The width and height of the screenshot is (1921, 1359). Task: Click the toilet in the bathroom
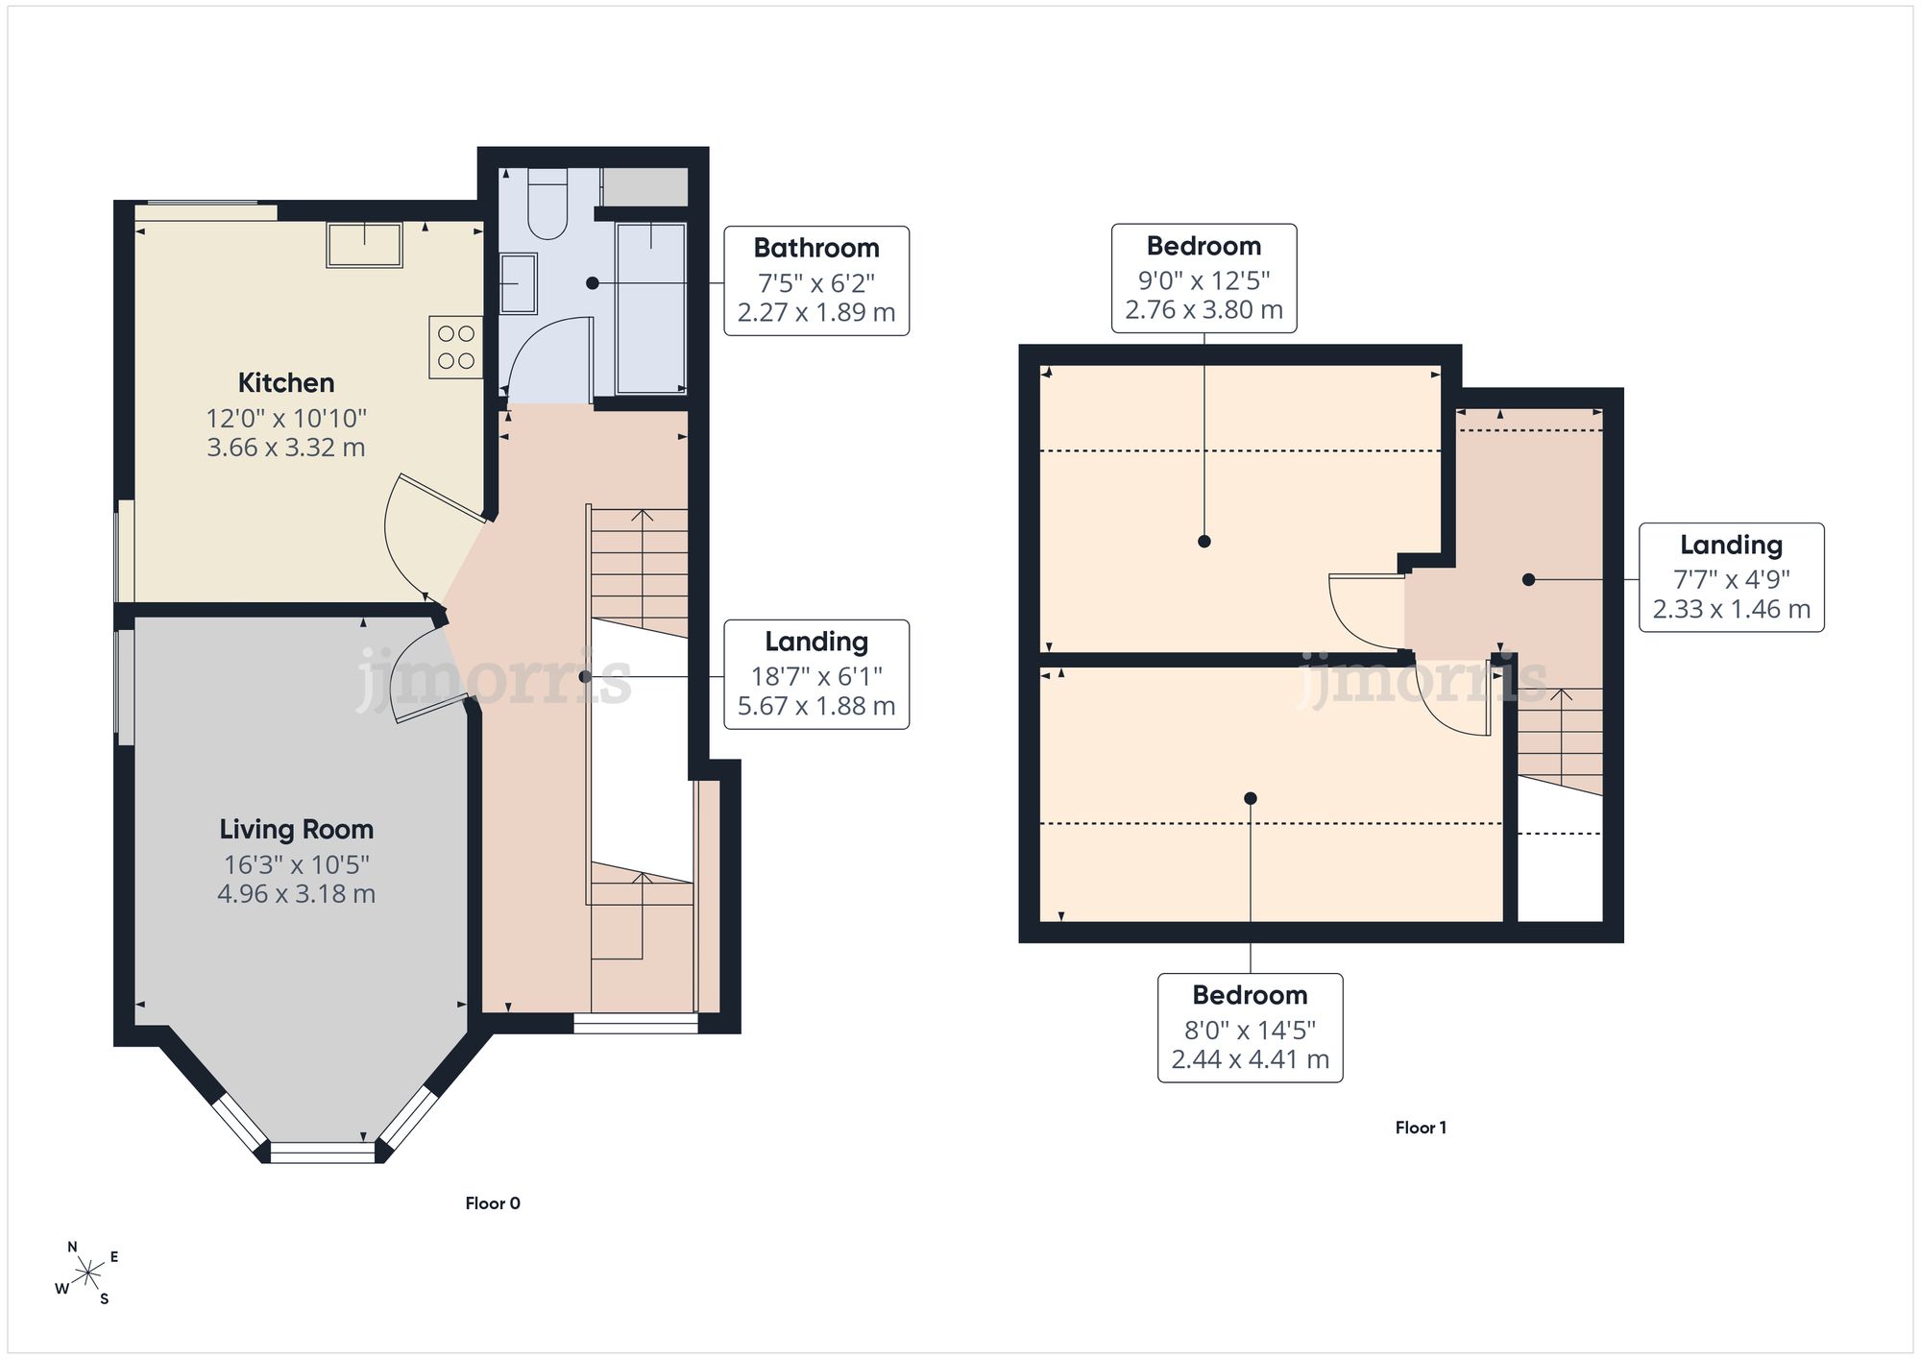(x=548, y=204)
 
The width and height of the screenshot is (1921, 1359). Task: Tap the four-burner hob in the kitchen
(x=456, y=347)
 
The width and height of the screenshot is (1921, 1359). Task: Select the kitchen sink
(x=364, y=245)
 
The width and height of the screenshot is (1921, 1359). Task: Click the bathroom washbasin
(x=519, y=283)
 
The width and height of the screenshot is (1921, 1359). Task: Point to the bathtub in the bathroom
(x=651, y=308)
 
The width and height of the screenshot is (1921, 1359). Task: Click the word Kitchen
(x=286, y=382)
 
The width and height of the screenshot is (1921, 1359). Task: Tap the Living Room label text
(x=296, y=829)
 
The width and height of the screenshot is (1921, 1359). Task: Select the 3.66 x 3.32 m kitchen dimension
(x=286, y=448)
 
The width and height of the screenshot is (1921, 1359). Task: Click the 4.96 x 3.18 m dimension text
(x=296, y=894)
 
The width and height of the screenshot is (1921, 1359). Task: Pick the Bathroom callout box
(x=816, y=280)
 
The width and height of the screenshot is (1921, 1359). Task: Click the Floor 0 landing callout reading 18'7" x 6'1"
(x=816, y=674)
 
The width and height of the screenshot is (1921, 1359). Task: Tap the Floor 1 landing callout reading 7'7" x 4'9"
(x=1731, y=577)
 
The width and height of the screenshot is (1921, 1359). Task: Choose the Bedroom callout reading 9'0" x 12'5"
(x=1204, y=279)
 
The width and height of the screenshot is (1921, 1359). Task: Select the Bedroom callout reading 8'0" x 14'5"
(x=1250, y=1028)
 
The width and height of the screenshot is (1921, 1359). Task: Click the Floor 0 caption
(x=493, y=1203)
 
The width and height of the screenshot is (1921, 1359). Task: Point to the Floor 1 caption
(x=1421, y=1128)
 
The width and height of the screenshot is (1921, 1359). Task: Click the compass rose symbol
(x=87, y=1274)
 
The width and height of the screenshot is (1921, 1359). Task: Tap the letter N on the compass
(x=72, y=1248)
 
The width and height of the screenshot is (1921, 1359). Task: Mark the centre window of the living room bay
(x=322, y=1152)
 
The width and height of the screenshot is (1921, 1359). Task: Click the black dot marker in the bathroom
(x=592, y=283)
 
